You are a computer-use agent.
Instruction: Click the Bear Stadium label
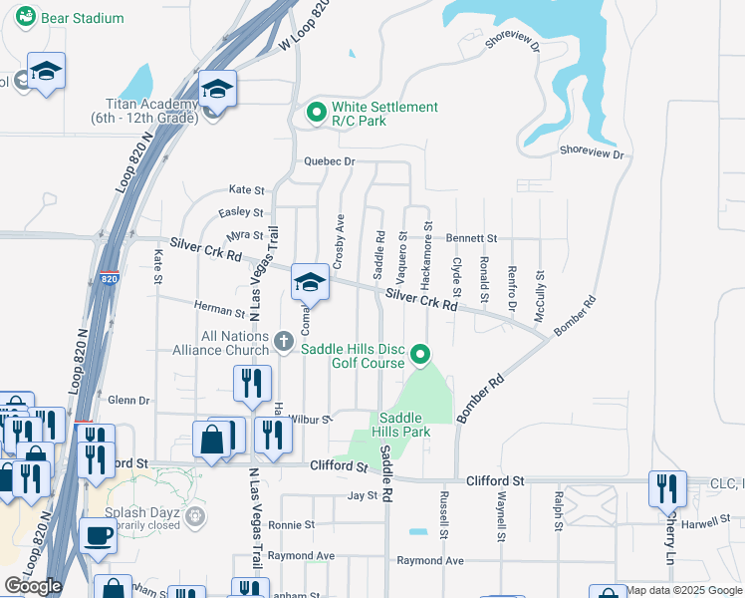(x=83, y=18)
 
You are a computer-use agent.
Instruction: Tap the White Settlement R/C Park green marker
(x=316, y=113)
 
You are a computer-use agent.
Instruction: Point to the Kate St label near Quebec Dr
(x=247, y=189)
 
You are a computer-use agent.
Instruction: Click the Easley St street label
(x=240, y=212)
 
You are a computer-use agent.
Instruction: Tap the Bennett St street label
(x=471, y=238)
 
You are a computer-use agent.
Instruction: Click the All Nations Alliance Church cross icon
(x=283, y=342)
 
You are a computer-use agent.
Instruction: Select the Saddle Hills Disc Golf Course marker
(x=421, y=354)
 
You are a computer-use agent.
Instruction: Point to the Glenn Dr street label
(x=128, y=400)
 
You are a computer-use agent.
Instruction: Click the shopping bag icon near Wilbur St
(x=212, y=439)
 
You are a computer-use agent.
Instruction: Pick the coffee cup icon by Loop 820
(x=98, y=535)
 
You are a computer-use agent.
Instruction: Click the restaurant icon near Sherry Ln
(x=666, y=487)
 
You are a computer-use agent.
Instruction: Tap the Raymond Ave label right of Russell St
(x=430, y=561)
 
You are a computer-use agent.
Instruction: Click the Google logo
(x=33, y=586)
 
